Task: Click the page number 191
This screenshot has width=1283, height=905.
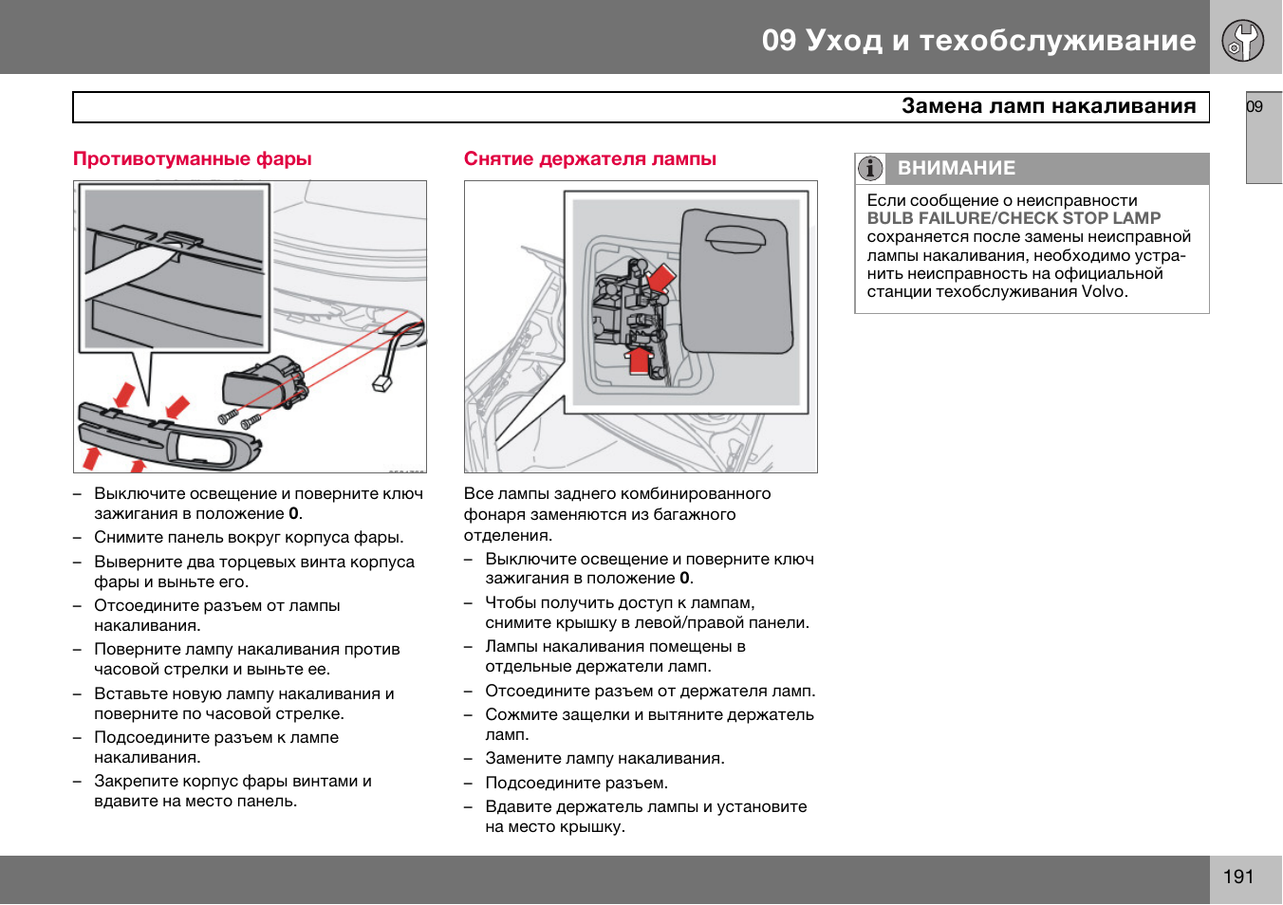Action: click(x=1237, y=877)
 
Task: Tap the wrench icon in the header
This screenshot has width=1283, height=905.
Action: click(x=1242, y=40)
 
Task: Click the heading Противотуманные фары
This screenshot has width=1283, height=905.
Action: click(x=193, y=159)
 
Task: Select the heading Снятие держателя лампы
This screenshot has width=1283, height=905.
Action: click(x=589, y=159)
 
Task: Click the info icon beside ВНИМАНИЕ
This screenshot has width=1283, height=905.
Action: click(x=870, y=169)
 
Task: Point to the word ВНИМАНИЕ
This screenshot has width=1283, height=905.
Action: click(x=956, y=169)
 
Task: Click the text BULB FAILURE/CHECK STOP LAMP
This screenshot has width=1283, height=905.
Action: click(x=1013, y=218)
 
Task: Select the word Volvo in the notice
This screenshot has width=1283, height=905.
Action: click(x=1103, y=292)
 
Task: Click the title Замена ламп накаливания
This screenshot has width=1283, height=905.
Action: click(x=1048, y=106)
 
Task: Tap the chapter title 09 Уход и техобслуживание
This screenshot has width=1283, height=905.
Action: click(x=978, y=40)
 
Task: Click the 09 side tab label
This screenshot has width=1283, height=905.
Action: click(x=1255, y=107)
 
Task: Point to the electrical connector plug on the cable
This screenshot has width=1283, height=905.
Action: click(x=381, y=382)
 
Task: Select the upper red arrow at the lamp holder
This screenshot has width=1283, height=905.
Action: click(x=660, y=278)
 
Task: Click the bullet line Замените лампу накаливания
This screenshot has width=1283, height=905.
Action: click(x=604, y=759)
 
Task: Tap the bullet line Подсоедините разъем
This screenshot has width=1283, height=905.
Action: click(x=576, y=784)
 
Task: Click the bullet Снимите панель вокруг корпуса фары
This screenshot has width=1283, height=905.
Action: click(x=249, y=538)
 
